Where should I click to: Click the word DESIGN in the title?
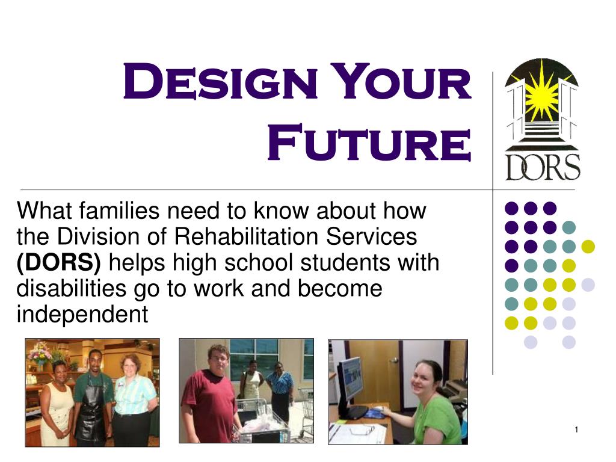220,81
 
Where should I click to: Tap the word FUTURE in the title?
369,142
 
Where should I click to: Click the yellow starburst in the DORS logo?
542,96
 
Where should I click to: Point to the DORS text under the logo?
543,167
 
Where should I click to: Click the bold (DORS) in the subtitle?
58,262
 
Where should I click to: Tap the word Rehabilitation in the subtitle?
246,236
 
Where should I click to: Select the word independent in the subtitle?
82,314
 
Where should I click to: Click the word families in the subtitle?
120,211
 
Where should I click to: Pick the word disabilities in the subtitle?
72,288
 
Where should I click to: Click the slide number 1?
576,430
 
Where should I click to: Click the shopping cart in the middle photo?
261,422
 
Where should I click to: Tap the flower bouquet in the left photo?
38,352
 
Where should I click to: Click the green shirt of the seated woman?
438,419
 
